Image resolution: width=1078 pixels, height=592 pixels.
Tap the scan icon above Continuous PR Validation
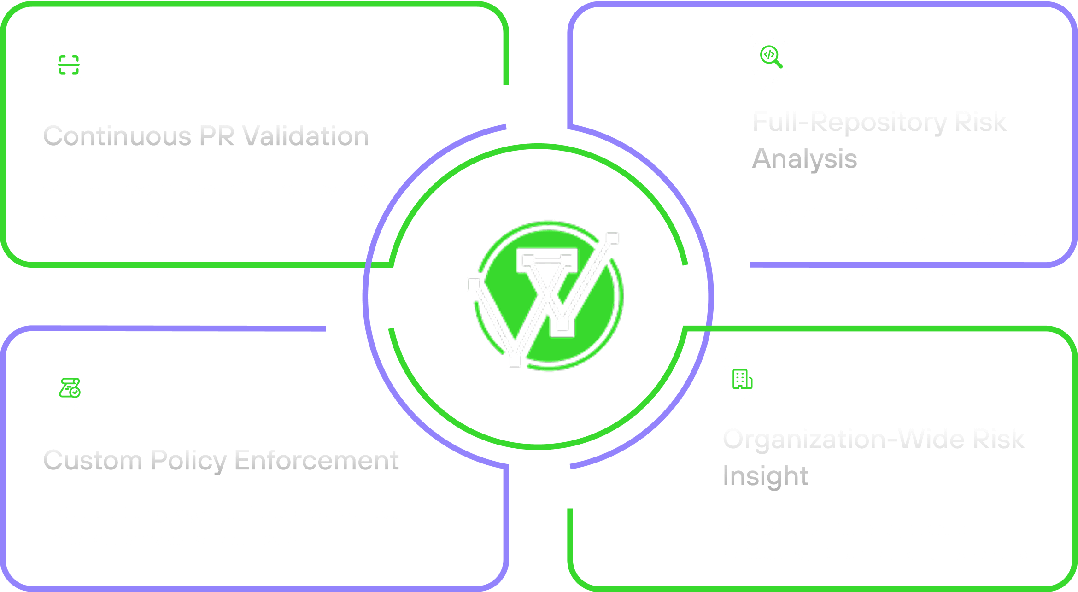click(70, 65)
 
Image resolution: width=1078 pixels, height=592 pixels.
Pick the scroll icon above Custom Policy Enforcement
click(70, 388)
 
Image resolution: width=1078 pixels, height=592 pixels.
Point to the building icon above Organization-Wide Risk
click(742, 380)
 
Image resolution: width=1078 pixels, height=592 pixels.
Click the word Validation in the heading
click(305, 136)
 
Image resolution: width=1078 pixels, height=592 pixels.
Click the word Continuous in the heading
click(117, 136)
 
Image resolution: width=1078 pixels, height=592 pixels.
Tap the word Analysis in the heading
click(804, 159)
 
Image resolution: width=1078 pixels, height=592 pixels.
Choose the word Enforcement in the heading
click(316, 460)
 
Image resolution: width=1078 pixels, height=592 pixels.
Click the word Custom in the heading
click(93, 460)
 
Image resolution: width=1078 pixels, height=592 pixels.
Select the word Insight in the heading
click(766, 475)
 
